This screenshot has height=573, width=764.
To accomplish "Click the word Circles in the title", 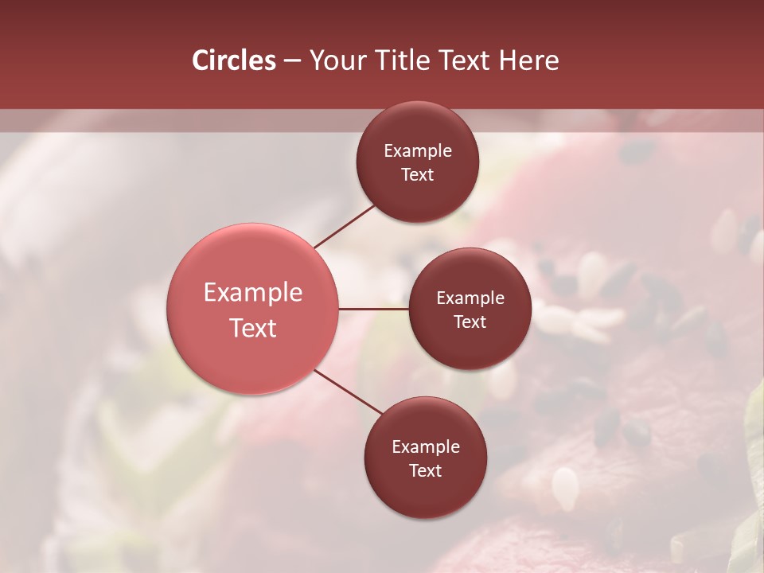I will coord(234,60).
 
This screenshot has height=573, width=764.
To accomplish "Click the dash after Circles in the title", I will coord(292,61).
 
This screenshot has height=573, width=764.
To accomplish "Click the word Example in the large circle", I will coord(253,292).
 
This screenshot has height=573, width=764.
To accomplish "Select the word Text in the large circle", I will coord(253,327).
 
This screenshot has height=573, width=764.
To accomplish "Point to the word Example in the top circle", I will coord(417,150).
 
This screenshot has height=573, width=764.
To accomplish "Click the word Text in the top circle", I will coord(417,174).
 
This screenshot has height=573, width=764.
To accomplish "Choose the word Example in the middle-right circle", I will coord(470,298).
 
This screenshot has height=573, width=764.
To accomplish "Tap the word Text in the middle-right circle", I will coord(470,322).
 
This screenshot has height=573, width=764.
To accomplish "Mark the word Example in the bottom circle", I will coord(425,446).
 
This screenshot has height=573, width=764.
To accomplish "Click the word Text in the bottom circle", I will coord(425,470).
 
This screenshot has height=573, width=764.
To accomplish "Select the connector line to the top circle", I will coord(345,227).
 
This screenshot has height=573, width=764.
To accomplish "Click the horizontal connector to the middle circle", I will coord(373,309).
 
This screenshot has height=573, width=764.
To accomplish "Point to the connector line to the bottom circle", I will coord(349,392).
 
